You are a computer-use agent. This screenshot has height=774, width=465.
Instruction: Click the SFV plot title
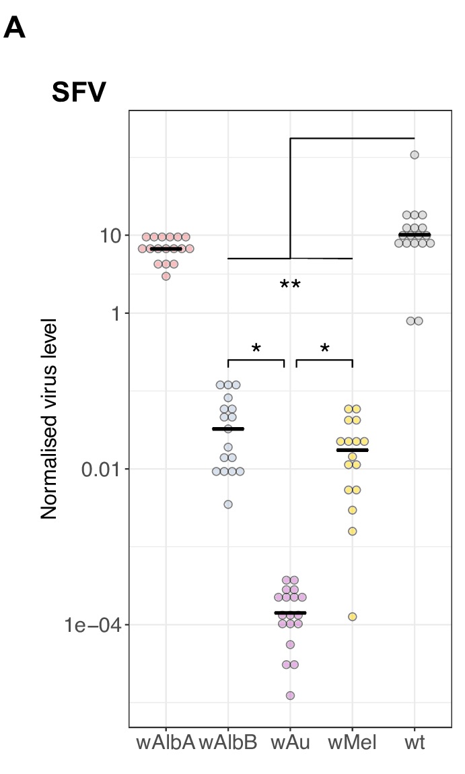click(x=78, y=94)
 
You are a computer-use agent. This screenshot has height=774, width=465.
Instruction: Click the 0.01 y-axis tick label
click(x=100, y=470)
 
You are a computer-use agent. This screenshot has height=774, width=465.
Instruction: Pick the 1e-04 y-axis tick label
click(x=94, y=626)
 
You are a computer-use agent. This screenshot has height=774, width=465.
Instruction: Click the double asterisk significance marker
click(x=290, y=286)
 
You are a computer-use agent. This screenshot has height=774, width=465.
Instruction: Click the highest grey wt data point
click(x=415, y=155)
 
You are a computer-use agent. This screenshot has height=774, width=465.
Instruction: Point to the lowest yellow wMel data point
click(x=352, y=616)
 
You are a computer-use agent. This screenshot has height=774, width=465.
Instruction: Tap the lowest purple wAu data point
click(x=290, y=695)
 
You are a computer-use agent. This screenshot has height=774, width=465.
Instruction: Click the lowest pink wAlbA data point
click(x=166, y=276)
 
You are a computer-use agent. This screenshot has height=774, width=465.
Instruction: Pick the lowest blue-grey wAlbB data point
click(x=228, y=504)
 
